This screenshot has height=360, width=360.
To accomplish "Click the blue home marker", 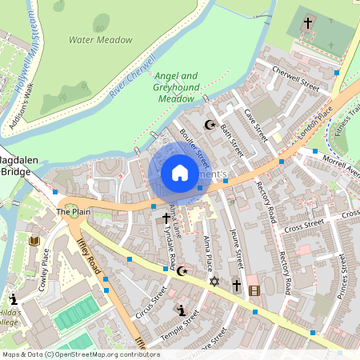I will coord(180,173).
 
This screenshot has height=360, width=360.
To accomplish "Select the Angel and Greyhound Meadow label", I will coord(177,87).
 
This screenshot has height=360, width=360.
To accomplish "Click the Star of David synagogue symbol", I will coord(214,282).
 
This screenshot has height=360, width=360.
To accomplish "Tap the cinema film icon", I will coord(254,290).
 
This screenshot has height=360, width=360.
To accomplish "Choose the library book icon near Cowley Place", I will coord(34,240).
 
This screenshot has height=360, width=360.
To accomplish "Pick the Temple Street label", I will coord(179,328).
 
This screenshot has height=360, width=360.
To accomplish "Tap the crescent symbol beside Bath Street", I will coord(210,125).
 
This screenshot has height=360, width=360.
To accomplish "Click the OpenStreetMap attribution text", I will coord(82,354).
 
